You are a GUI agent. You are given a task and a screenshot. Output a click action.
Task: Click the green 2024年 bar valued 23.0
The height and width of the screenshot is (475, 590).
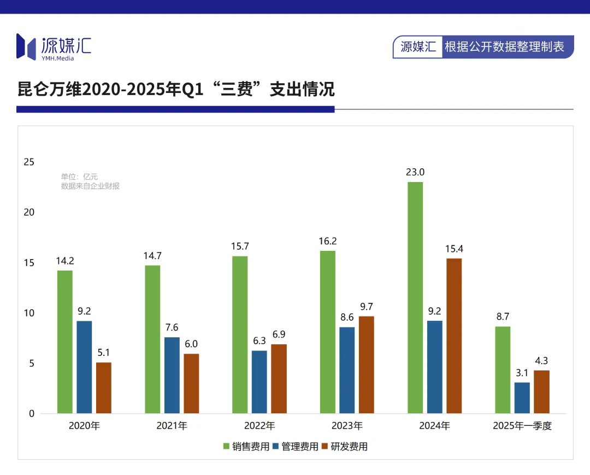pyautogui.click(x=415, y=297)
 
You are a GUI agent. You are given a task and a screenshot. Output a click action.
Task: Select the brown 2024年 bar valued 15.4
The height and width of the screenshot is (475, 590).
pyautogui.click(x=454, y=336)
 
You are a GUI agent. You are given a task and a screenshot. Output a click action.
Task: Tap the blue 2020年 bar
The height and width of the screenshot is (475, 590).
pyautogui.click(x=84, y=367)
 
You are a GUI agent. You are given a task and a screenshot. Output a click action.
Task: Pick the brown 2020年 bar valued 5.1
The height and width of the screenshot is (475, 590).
pyautogui.click(x=104, y=388)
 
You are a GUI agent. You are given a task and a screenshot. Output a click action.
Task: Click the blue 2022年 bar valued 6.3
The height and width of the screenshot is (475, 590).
pyautogui.click(x=259, y=382)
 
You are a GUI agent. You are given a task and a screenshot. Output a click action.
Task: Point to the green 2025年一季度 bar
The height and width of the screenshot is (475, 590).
pyautogui.click(x=503, y=370)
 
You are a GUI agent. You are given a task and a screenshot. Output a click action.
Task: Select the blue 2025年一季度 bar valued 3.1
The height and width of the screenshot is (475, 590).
pyautogui.click(x=522, y=397)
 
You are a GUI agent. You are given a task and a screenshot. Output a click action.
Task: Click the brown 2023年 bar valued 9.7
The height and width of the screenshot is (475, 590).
pyautogui.click(x=367, y=365)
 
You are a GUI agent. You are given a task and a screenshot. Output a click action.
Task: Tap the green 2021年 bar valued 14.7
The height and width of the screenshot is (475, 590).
pyautogui.click(x=152, y=339)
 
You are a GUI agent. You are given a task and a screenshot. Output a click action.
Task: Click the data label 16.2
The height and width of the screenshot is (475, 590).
pyautogui.click(x=327, y=241)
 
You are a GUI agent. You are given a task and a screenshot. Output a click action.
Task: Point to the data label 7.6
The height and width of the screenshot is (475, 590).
pyautogui.click(x=172, y=327)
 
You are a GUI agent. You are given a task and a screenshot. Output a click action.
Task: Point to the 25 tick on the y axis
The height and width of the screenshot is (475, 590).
pyautogui.click(x=28, y=162)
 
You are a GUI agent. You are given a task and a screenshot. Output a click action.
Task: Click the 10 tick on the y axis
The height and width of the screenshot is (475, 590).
pyautogui.click(x=28, y=313)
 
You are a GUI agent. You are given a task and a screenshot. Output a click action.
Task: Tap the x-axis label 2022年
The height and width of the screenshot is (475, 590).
pyautogui.click(x=259, y=426)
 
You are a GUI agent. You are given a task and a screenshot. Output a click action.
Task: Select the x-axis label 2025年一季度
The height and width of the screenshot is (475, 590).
pyautogui.click(x=522, y=426)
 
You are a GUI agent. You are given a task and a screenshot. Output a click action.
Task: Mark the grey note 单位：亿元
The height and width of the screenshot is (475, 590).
pyautogui.click(x=79, y=177)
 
